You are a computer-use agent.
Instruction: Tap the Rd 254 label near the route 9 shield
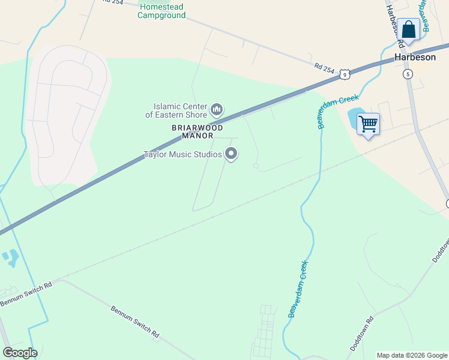[x=324, y=68]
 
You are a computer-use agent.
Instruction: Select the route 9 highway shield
[x=344, y=74]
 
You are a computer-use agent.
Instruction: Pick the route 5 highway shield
[x=408, y=74]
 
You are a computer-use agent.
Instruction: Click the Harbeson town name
[x=414, y=58]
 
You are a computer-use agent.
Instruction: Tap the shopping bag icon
[x=409, y=30]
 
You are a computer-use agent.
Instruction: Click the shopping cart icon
[x=368, y=124]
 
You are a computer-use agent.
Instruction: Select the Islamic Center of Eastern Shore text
[x=176, y=110]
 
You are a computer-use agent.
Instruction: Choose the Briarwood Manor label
[x=197, y=131]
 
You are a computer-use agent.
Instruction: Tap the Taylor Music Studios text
[x=182, y=155]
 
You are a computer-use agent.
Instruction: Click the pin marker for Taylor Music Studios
[x=231, y=155]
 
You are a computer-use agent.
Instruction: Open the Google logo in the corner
[x=20, y=353]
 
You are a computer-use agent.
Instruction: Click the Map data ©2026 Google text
[x=412, y=355]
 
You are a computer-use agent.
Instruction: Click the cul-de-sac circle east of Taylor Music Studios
[x=256, y=166]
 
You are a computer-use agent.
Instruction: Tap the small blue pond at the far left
[x=11, y=259]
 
